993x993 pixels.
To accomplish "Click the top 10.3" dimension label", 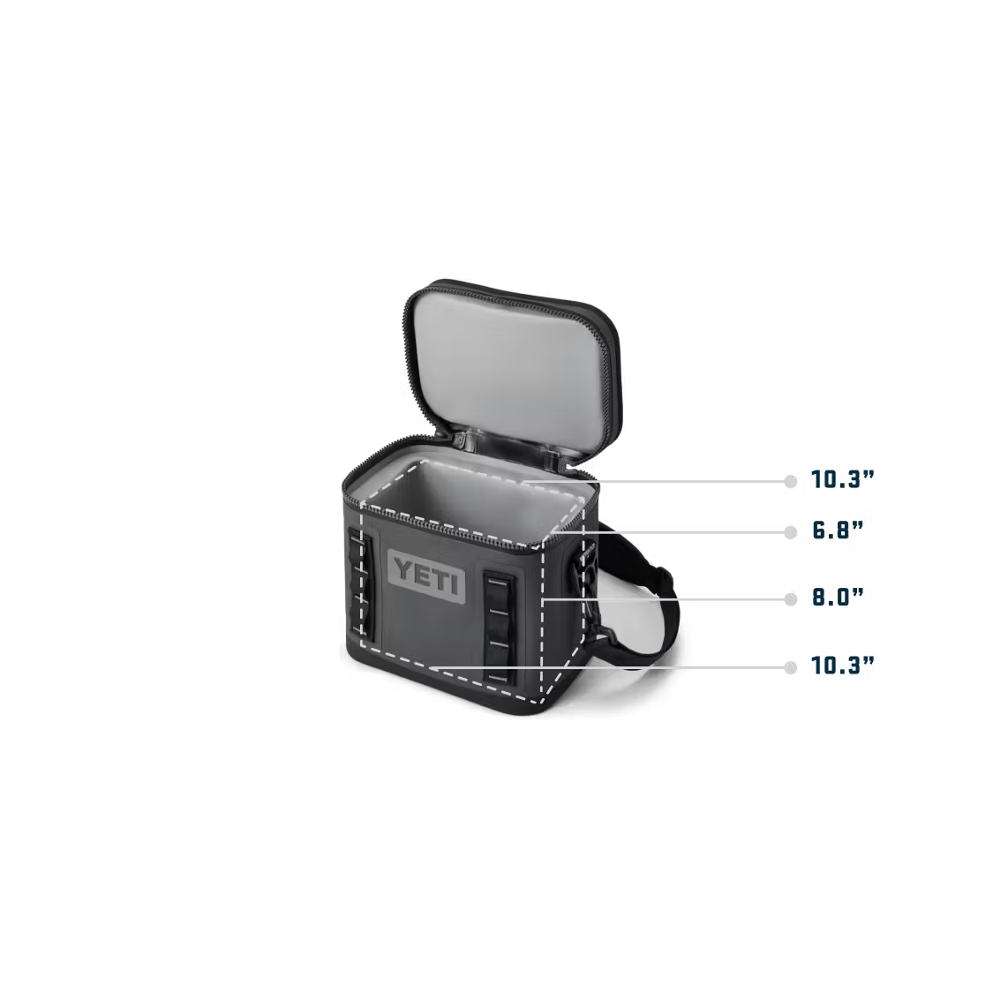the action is (842, 479).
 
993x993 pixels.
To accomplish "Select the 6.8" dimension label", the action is (838, 530).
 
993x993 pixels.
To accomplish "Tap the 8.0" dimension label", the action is (838, 598).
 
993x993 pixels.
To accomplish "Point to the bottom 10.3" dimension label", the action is (842, 666).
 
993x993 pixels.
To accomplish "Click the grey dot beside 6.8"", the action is (790, 532).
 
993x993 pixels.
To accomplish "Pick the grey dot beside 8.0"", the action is (790, 599).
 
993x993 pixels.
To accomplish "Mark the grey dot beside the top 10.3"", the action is (790, 481).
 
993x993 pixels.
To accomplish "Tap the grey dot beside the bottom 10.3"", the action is (790, 667).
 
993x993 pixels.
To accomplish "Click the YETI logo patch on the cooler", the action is (426, 574).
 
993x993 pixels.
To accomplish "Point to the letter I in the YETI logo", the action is (454, 583).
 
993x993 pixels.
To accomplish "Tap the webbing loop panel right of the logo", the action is (499, 627).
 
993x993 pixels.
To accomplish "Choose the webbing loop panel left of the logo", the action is (359, 583).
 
